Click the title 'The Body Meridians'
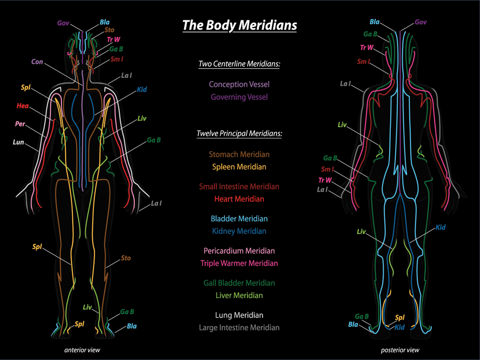click(x=240, y=25)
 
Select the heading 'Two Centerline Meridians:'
click(x=239, y=64)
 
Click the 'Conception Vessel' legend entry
click(x=239, y=84)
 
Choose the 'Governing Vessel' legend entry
click(x=239, y=97)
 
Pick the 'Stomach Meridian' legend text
click(x=239, y=155)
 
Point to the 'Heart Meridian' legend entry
click(x=239, y=199)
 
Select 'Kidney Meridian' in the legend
click(x=239, y=231)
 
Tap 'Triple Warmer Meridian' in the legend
click(x=239, y=263)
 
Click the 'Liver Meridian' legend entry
click(x=239, y=295)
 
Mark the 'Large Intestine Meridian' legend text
click(x=239, y=328)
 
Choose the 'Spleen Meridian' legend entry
click(x=239, y=167)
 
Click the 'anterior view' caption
click(x=82, y=350)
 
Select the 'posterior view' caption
click(x=400, y=350)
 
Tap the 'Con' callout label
click(x=37, y=62)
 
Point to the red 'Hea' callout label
click(x=22, y=106)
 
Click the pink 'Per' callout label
click(x=20, y=124)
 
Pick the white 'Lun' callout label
click(x=19, y=143)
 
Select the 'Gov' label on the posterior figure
click(x=420, y=22)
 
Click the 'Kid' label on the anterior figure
click(x=142, y=90)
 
